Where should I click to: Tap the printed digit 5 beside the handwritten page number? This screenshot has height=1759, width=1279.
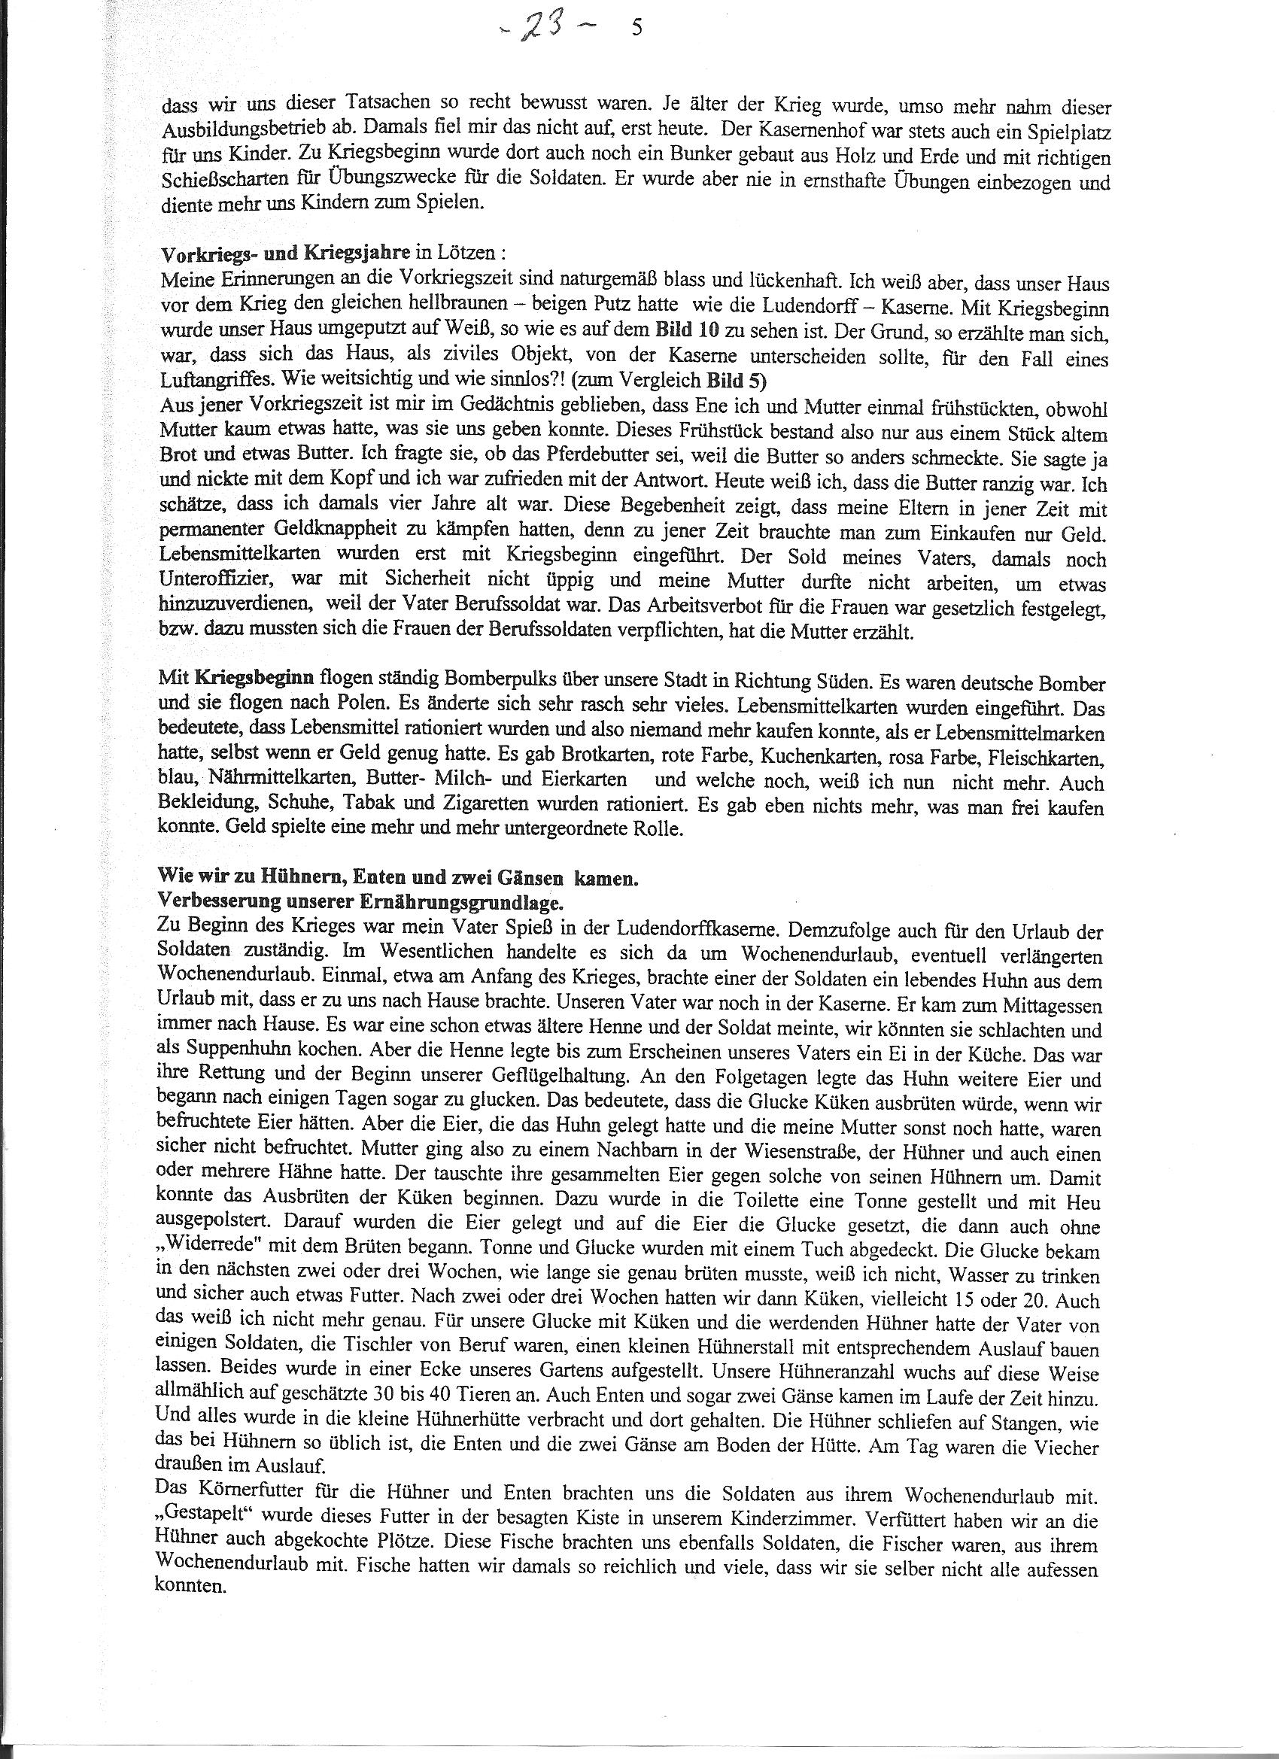(636, 29)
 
